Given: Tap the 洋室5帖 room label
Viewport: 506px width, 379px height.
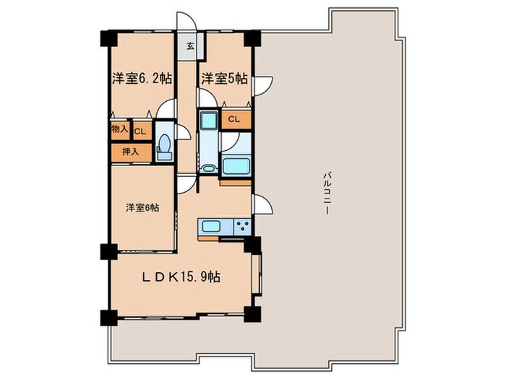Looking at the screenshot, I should tap(224, 79).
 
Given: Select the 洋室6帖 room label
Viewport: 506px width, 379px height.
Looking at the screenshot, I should tap(142, 207).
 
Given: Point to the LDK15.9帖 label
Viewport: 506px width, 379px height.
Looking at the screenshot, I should tap(181, 277).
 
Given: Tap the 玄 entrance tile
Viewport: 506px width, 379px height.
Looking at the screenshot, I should tap(189, 46).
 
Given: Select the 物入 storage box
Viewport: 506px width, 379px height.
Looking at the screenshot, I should tap(119, 130).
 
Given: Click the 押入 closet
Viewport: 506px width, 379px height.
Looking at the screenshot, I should tap(129, 152).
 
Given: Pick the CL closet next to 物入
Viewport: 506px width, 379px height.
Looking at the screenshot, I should tap(140, 131).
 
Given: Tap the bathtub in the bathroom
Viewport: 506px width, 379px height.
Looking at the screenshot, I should tap(236, 166).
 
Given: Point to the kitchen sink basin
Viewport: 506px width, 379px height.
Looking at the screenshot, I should tap(210, 227).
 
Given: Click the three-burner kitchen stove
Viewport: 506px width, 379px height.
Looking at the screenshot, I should tap(241, 227).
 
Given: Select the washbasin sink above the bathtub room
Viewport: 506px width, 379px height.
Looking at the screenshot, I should tap(208, 121).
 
